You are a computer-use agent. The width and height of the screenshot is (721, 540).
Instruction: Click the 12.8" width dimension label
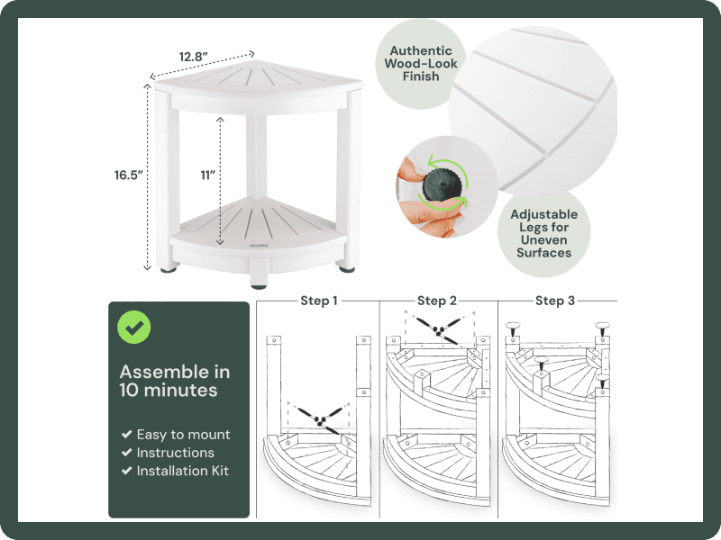pos(193,57)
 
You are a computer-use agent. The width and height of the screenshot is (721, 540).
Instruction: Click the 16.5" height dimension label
pos(128,175)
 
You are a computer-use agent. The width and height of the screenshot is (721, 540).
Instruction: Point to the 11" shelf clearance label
pos(207,175)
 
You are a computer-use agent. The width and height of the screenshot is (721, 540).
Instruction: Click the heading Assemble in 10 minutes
pos(175,381)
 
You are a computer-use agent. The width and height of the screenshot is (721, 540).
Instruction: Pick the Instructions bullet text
pos(175,453)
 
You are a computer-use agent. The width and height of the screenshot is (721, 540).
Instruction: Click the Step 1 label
pos(319,301)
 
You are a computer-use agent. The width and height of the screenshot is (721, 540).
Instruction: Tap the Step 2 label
pos(437,301)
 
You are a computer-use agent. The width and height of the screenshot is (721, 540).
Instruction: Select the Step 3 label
pos(555,301)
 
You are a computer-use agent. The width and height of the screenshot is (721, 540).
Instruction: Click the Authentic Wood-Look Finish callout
pos(420,63)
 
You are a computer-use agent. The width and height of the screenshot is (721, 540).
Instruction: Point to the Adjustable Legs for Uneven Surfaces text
pos(543,234)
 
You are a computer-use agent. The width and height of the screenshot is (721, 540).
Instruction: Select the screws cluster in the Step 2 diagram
pos(438,329)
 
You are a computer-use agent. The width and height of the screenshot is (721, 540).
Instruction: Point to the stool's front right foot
pos(346,264)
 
